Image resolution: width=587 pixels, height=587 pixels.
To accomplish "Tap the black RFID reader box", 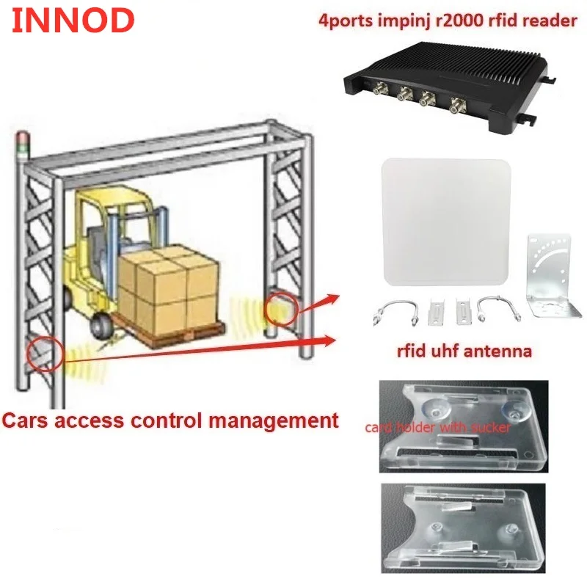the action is coord(448,81).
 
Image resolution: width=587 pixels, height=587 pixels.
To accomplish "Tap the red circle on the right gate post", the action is coord(280,307).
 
